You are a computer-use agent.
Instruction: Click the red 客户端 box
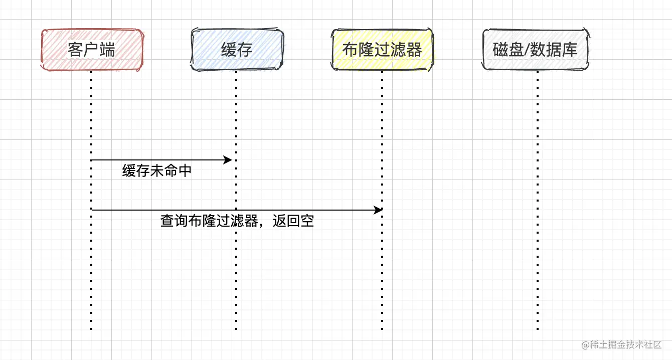click(92, 50)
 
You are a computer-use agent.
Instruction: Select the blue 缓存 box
click(237, 50)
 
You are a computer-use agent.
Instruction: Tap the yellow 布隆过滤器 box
click(382, 50)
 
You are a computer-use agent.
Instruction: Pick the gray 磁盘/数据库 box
click(535, 50)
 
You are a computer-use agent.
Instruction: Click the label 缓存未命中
click(157, 171)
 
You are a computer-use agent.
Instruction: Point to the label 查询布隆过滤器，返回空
click(237, 221)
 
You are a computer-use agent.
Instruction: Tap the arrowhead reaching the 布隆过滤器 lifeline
click(378, 210)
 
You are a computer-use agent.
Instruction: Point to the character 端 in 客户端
click(107, 50)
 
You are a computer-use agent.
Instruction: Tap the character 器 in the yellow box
click(414, 50)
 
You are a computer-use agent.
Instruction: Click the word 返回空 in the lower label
click(293, 221)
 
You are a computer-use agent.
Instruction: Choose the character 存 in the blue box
click(244, 50)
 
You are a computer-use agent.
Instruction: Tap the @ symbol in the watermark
click(585, 345)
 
